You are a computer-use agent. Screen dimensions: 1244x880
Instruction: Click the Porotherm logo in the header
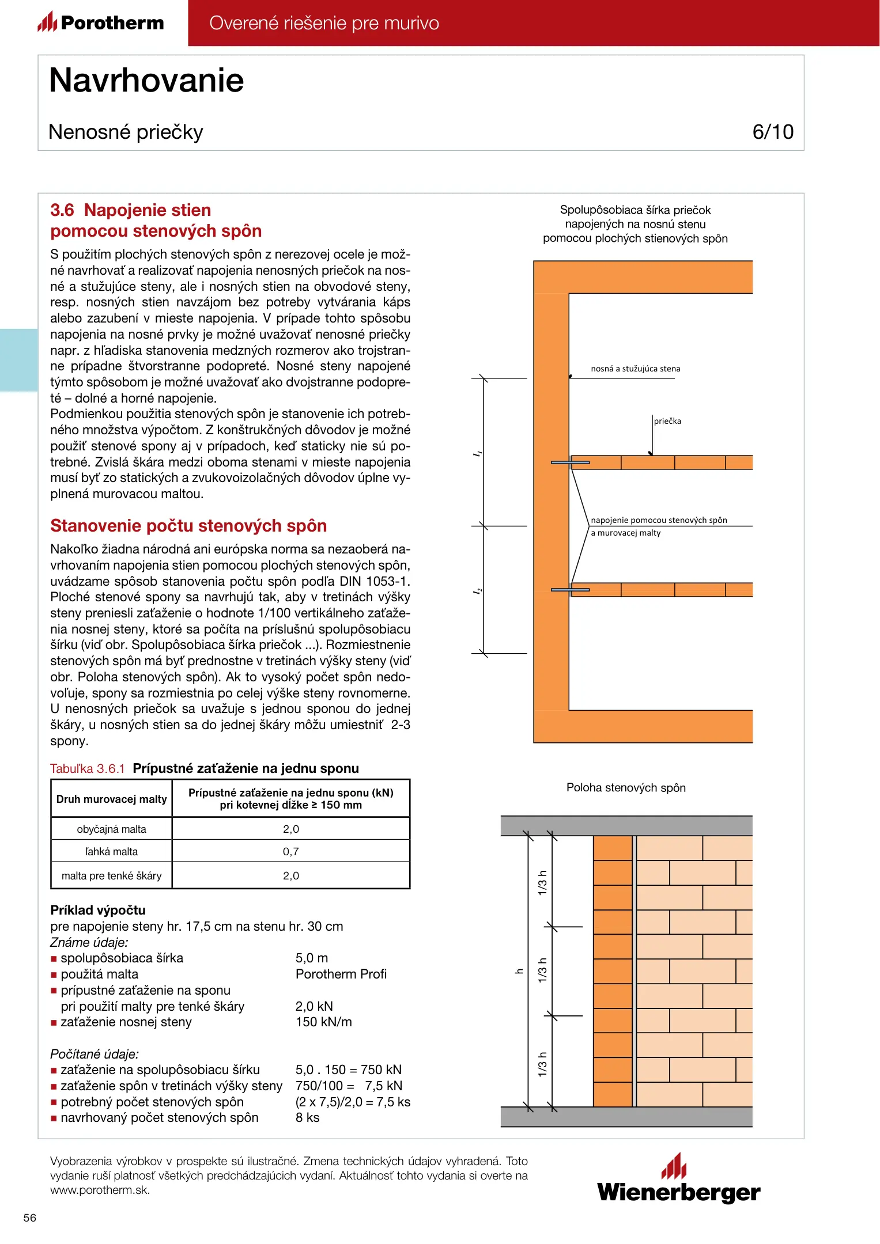click(101, 22)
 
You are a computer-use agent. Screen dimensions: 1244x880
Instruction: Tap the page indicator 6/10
click(772, 132)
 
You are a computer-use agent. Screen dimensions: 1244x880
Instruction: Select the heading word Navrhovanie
click(146, 80)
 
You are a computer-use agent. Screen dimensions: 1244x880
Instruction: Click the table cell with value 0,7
click(290, 851)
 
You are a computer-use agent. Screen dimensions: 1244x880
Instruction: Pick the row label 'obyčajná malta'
click(111, 829)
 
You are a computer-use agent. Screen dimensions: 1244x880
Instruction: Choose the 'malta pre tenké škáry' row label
click(111, 876)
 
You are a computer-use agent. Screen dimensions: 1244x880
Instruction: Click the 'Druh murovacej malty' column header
click(111, 799)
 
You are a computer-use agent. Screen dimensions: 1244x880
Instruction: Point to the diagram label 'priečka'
click(667, 421)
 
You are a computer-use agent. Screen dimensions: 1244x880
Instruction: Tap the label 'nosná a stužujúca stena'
click(635, 369)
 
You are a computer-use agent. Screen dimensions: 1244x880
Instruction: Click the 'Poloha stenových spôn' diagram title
click(626, 788)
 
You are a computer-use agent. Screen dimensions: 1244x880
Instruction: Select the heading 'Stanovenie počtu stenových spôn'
click(188, 526)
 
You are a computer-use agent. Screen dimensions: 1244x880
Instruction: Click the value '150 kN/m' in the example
click(323, 1022)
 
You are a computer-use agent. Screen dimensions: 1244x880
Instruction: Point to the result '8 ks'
click(307, 1118)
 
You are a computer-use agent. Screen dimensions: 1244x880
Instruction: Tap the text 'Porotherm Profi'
click(341, 974)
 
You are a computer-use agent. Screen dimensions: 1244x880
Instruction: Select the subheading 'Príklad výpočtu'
click(98, 911)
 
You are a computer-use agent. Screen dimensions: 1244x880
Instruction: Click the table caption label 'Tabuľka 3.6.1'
click(88, 769)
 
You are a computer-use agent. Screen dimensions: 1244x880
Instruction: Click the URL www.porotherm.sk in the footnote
click(100, 1190)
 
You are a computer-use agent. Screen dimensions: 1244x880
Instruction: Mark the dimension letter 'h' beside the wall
click(519, 972)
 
